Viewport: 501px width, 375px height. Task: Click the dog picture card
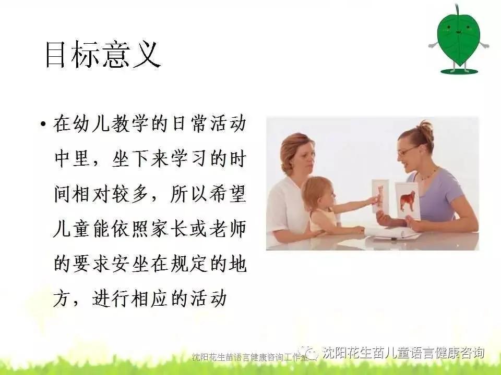click(x=407, y=201)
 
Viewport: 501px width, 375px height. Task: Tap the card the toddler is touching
click(x=379, y=195)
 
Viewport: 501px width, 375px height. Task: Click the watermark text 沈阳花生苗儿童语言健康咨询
click(x=403, y=353)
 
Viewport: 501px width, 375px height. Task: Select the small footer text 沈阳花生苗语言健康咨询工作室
click(x=249, y=357)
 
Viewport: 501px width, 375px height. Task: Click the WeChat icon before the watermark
click(x=311, y=354)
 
